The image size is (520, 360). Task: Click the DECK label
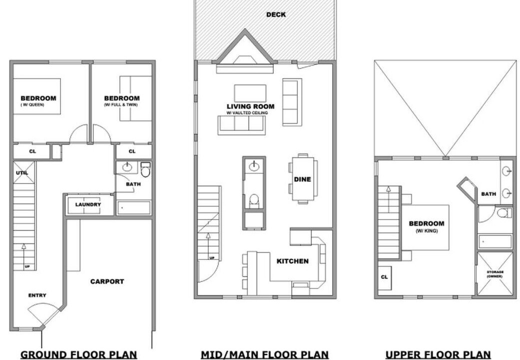pyautogui.click(x=276, y=14)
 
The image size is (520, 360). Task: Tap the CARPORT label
pyautogui.click(x=107, y=281)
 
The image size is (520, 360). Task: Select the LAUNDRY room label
pyautogui.click(x=88, y=204)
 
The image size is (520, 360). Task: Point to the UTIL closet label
pyautogui.click(x=22, y=173)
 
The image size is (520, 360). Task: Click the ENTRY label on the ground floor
pyautogui.click(x=37, y=295)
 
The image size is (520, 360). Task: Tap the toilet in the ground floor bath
pyautogui.click(x=145, y=170)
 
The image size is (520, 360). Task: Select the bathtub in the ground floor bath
pyautogui.click(x=134, y=208)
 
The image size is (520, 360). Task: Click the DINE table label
pyautogui.click(x=302, y=179)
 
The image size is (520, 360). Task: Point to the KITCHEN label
pyautogui.click(x=293, y=261)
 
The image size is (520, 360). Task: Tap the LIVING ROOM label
pyautogui.click(x=251, y=106)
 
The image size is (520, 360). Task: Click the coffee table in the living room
pyautogui.click(x=250, y=93)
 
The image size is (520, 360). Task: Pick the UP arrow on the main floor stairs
pyautogui.click(x=208, y=245)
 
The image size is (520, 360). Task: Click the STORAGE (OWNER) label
pyautogui.click(x=495, y=274)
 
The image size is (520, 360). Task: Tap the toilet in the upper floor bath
pyautogui.click(x=505, y=213)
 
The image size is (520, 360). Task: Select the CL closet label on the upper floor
pyautogui.click(x=384, y=277)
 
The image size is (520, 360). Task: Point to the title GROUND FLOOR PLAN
pyautogui.click(x=79, y=354)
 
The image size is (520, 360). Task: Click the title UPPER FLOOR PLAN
pyautogui.click(x=438, y=354)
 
